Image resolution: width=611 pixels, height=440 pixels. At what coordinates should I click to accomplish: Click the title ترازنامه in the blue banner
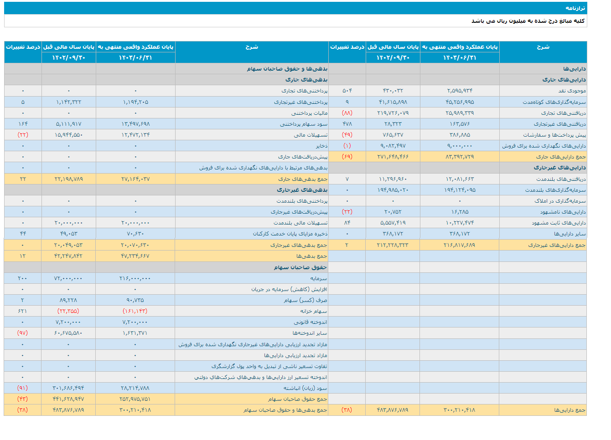(575, 8)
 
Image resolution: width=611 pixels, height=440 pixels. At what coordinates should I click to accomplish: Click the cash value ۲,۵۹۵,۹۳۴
(460, 91)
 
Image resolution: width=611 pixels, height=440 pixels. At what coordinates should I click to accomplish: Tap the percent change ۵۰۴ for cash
(347, 91)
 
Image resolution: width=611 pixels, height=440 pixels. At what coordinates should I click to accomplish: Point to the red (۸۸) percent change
(347, 113)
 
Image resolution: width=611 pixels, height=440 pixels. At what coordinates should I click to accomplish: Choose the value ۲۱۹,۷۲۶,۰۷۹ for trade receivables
(393, 113)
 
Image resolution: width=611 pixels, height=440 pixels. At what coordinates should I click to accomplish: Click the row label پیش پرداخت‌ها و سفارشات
(554, 135)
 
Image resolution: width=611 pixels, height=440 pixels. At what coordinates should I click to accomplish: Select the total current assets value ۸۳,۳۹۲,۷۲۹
(460, 157)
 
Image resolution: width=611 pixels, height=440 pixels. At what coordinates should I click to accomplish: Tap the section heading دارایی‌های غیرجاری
(559, 168)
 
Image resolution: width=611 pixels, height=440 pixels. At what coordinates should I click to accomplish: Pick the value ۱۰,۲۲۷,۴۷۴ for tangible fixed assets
(460, 223)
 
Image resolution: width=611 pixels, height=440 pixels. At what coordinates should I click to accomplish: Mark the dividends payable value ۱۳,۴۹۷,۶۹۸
(135, 124)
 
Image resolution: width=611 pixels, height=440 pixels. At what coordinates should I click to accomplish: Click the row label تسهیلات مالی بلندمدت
(300, 223)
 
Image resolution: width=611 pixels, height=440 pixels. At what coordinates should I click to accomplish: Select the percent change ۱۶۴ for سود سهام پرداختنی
(23, 124)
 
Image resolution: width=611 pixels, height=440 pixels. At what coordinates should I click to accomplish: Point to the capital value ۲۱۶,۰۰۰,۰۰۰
(135, 278)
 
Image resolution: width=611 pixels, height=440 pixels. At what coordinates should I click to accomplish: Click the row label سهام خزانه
(314, 311)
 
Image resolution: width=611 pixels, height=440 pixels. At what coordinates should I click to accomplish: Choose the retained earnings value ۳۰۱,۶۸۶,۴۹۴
(68, 388)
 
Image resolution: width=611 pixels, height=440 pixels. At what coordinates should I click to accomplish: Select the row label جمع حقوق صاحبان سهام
(297, 399)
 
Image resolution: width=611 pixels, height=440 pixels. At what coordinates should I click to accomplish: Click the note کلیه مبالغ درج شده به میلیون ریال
(528, 21)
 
